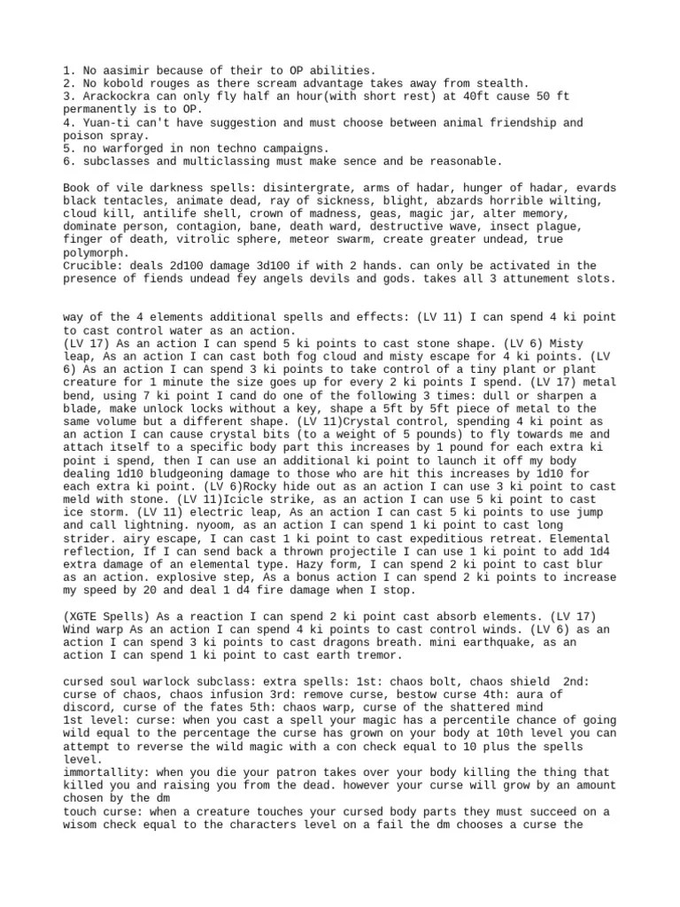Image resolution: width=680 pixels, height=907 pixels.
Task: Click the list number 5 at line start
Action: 67,149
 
